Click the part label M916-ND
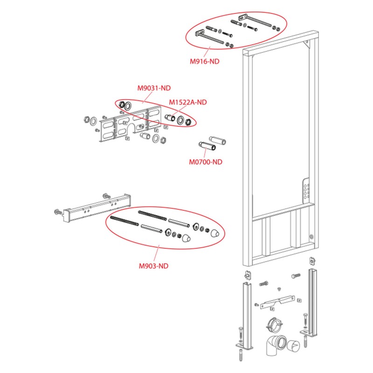[204, 62]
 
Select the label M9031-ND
[154, 88]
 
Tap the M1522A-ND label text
[188, 102]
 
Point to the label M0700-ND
[206, 162]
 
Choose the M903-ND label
[153, 266]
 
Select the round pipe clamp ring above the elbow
[274, 324]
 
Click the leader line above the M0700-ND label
[205, 152]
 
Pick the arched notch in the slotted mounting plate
[131, 129]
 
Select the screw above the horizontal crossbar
[106, 196]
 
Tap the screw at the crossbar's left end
[58, 212]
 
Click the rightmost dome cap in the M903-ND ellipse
[215, 233]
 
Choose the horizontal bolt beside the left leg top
[263, 283]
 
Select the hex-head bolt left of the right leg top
[296, 276]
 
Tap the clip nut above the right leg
[312, 261]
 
